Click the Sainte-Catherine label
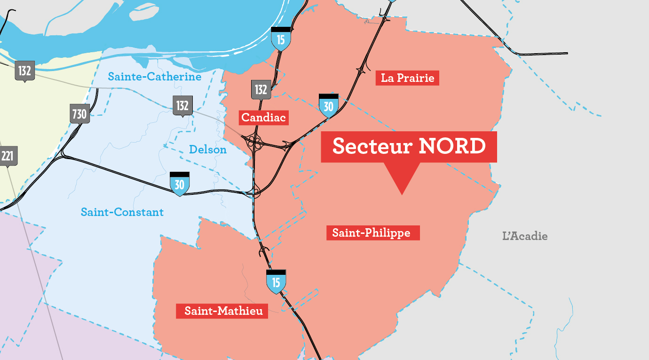point(154,77)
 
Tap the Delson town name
point(207,150)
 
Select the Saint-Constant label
point(122,212)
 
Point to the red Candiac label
point(263,118)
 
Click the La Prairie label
point(407,78)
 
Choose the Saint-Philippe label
point(372,233)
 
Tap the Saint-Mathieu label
point(223,311)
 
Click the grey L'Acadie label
point(525,236)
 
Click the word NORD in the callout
point(452,146)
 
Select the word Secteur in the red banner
point(372,146)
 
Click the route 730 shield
point(79,114)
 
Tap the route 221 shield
point(8,156)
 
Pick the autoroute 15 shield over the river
point(280,39)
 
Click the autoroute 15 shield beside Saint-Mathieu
point(276,281)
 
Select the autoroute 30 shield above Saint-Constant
point(179,184)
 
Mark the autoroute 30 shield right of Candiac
point(328,106)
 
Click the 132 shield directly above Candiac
point(261,89)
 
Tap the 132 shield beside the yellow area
point(24,71)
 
